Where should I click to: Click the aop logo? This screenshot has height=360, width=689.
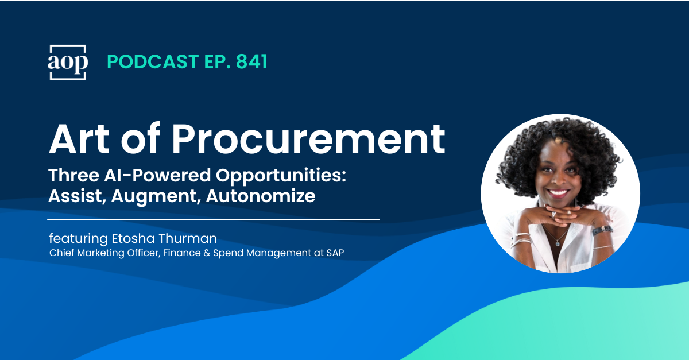[x=67, y=62]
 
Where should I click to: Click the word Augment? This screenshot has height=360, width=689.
[x=154, y=196]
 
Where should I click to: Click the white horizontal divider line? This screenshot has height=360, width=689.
[x=213, y=219]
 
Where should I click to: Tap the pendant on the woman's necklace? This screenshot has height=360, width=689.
[x=556, y=243]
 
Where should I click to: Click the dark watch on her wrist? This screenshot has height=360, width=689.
[x=602, y=229]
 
